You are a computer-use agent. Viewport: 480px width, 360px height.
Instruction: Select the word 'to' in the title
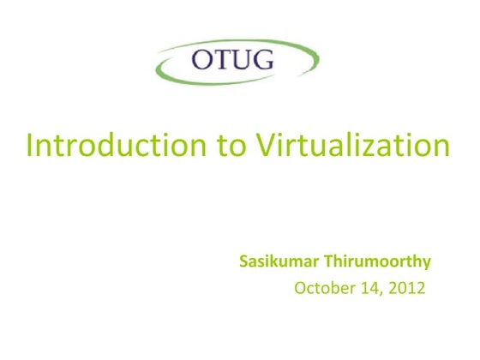click(x=229, y=146)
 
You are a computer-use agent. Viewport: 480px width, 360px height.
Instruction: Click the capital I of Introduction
click(x=32, y=145)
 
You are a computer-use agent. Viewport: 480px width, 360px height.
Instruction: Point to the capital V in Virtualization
click(x=267, y=145)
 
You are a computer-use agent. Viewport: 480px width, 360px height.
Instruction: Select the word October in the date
click(x=320, y=287)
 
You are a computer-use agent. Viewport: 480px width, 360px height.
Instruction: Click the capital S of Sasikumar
click(x=243, y=261)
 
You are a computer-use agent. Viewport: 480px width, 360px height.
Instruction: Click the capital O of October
click(x=300, y=287)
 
